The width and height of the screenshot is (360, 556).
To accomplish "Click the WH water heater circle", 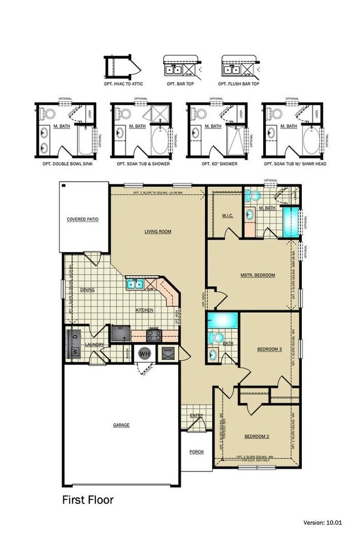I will pos(145,353).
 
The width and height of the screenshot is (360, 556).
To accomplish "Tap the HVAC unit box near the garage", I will pos(168,352).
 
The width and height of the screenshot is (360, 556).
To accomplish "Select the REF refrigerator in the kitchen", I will pos(119,333).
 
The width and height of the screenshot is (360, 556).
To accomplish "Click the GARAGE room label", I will pos(121,425).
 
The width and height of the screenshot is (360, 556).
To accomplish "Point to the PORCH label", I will pos(196,452).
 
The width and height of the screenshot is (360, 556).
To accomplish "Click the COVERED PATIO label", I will pos(83,219).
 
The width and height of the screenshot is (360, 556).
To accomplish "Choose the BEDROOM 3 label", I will pos(270,349).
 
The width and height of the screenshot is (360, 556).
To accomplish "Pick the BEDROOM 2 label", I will pos(257,436).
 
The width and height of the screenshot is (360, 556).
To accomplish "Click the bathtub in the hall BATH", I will pos(223,320).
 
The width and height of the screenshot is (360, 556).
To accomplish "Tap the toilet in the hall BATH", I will pos(218,337).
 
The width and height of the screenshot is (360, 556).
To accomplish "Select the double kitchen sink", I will pos(135,285).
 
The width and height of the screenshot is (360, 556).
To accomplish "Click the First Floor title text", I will pos(88,500).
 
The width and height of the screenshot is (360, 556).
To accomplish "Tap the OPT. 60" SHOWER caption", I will pos(213,164).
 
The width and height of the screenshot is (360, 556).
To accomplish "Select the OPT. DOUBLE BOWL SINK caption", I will pos(65,164).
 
